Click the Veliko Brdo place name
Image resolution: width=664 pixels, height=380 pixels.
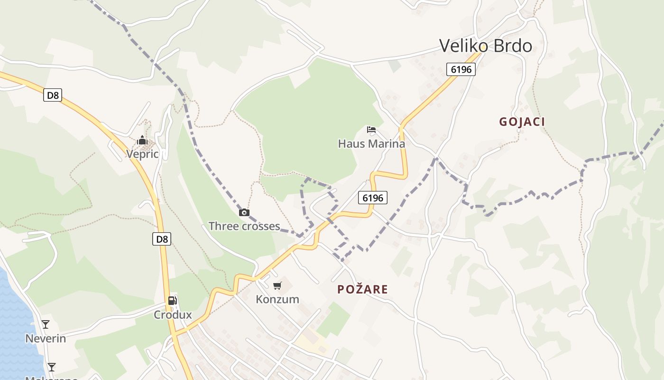pos(485,46)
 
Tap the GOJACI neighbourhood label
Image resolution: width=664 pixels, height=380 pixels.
pos(522,122)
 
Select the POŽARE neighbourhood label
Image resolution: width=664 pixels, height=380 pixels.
pos(362,289)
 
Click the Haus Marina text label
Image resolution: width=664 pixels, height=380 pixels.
pos(371,143)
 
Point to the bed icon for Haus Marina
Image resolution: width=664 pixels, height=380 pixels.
pos(371,129)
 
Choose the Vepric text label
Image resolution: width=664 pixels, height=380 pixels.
pos(142,154)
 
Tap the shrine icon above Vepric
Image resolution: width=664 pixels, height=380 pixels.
pos(142,140)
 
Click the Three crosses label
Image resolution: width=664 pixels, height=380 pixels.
pos(244,226)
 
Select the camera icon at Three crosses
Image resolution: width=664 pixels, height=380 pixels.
pos(244,212)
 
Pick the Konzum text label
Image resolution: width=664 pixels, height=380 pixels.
pos(277,299)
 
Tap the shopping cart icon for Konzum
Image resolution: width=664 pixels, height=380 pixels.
pos(277,285)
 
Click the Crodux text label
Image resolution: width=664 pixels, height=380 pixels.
pos(173,315)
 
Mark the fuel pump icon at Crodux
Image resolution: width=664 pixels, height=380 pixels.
pos(173,300)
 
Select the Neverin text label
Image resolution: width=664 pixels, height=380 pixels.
pos(46,339)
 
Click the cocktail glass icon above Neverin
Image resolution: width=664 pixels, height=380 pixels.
pos(46,324)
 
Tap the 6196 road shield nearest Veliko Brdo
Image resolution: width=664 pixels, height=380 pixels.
pos(461,69)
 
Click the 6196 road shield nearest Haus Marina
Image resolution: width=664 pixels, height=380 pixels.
pos(373,198)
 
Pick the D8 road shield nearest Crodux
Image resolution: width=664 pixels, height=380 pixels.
pos(162,239)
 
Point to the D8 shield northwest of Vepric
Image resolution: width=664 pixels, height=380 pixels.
pos(53,95)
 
